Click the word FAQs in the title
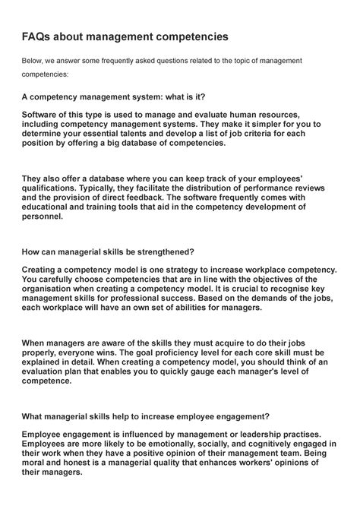(40, 36)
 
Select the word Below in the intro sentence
(34, 61)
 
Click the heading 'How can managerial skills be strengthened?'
(109, 251)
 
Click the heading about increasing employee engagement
(145, 416)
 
